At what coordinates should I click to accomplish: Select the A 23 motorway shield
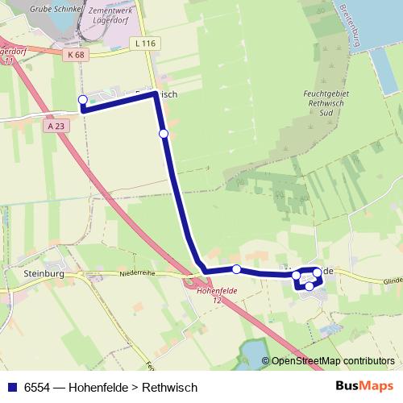56,126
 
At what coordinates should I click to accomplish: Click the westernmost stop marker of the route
82,100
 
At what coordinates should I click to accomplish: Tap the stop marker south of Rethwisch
164,133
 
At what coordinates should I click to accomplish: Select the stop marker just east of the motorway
236,269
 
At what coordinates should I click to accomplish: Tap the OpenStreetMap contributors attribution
331,361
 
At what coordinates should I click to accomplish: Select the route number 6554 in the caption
37,388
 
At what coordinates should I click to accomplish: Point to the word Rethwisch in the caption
170,388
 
